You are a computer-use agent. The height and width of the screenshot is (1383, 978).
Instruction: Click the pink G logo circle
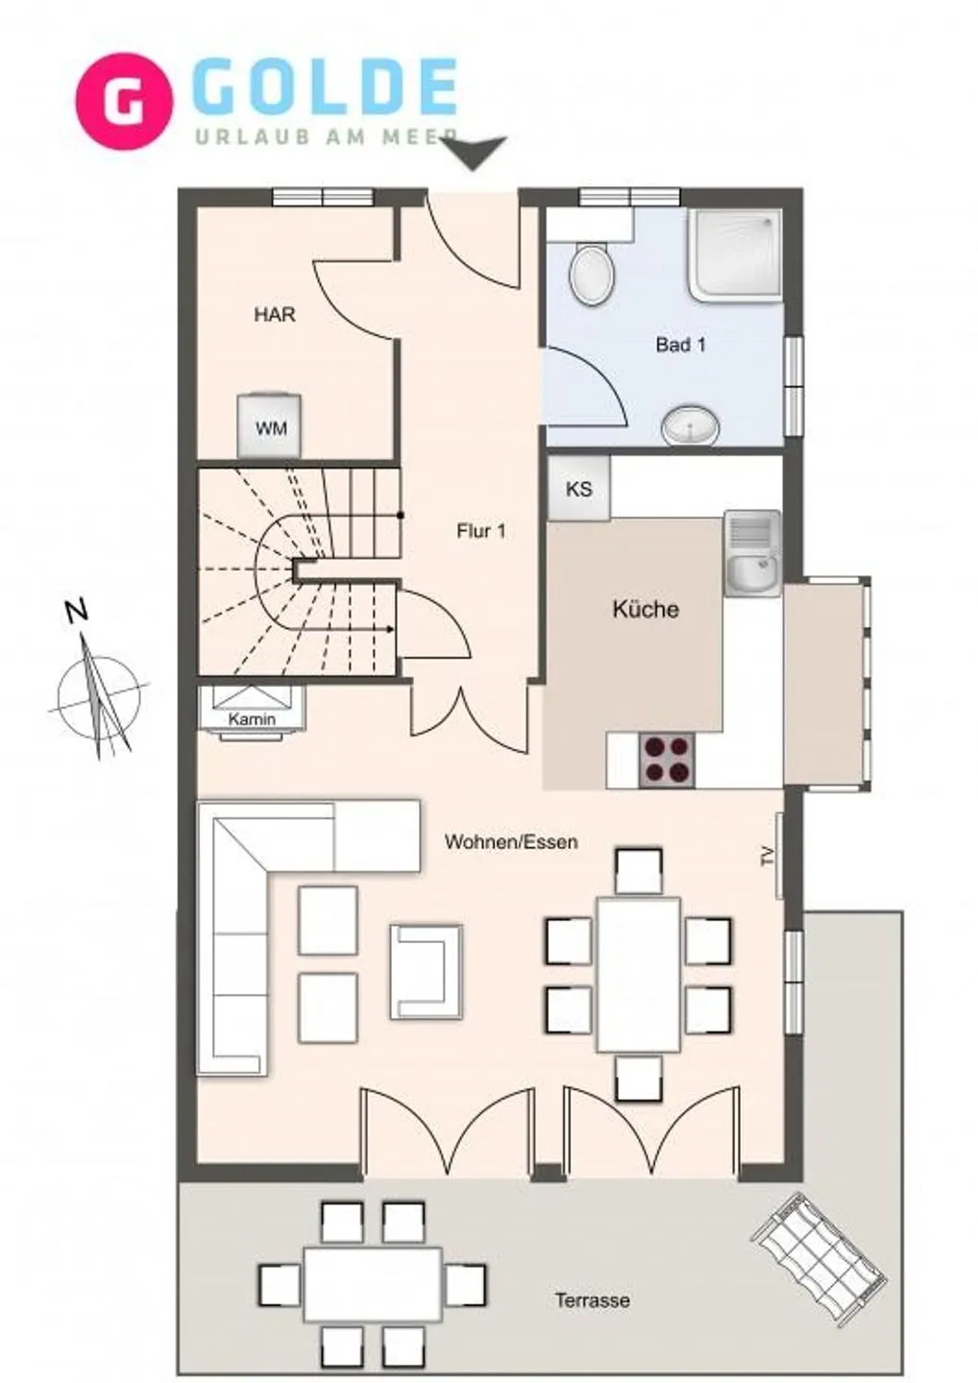click(124, 101)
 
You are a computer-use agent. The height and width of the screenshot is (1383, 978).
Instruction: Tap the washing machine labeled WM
click(270, 426)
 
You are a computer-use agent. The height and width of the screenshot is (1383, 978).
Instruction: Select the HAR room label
click(275, 314)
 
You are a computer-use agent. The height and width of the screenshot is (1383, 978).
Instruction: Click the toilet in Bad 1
click(591, 273)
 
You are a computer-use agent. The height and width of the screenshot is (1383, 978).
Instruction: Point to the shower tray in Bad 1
click(735, 253)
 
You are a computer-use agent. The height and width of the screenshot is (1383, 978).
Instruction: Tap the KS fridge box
click(578, 489)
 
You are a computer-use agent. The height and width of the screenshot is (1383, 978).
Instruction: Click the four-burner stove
click(667, 760)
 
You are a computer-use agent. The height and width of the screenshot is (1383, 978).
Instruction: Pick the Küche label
click(646, 609)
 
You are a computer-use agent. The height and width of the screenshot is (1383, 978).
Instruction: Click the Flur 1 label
click(480, 531)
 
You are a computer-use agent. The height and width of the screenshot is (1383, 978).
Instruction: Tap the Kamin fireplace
click(253, 712)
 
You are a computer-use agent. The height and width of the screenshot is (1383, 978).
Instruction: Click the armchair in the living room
click(426, 970)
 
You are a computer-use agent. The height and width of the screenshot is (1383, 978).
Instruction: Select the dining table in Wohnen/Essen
click(638, 974)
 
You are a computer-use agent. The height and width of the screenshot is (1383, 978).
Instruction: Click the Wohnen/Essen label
click(511, 842)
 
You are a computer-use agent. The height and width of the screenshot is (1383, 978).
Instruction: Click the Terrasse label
click(592, 1300)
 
